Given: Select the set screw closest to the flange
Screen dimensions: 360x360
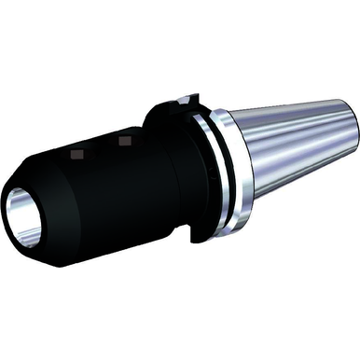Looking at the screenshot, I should [124, 141].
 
